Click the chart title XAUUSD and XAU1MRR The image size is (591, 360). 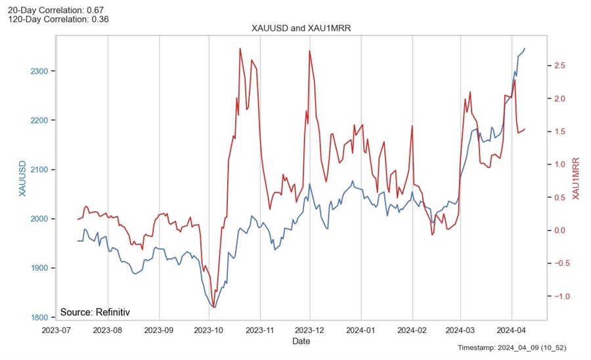tap(297, 28)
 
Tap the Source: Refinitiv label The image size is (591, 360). tap(95, 312)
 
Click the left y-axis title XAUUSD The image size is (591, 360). tap(22, 178)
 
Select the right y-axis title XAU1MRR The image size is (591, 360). tap(576, 178)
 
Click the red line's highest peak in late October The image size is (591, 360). tap(240, 49)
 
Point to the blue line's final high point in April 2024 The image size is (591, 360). tap(525, 48)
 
